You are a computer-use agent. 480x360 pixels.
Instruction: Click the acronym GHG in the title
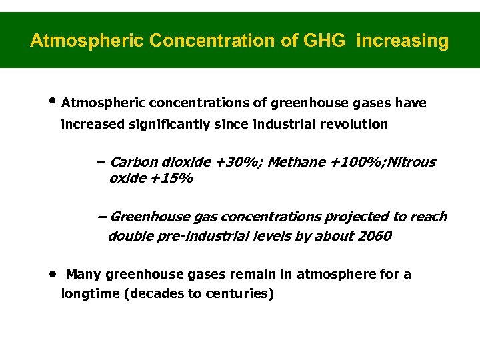tap(324, 41)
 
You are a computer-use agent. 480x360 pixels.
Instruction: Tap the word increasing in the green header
tap(403, 41)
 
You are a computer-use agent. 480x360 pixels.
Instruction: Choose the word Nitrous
tap(411, 162)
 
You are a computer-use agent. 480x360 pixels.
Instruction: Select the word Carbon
tap(131, 162)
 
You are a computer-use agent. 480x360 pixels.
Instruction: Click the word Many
tap(83, 274)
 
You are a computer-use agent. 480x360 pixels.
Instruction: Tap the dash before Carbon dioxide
tap(101, 162)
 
